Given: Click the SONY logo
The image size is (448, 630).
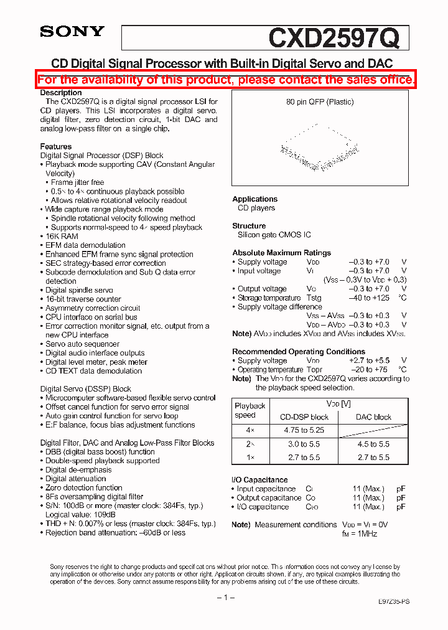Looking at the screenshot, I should click(x=72, y=32).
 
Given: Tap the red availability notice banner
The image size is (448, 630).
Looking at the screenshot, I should click(x=226, y=80).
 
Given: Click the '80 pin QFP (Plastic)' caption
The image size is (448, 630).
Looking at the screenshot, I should click(x=320, y=102).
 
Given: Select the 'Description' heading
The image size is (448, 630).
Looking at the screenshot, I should click(x=61, y=93).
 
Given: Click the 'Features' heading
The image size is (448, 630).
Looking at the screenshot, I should click(x=56, y=147).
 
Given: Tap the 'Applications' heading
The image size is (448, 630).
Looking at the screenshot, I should click(x=254, y=199).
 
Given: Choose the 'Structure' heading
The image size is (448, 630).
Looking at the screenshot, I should click(x=249, y=226).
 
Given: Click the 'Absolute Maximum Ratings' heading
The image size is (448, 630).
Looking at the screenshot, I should click(x=281, y=253).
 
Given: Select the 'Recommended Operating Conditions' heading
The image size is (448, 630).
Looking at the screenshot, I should click(x=299, y=352).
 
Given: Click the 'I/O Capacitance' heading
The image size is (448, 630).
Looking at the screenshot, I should click(x=260, y=480).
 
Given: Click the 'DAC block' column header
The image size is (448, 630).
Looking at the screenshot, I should click(x=373, y=417).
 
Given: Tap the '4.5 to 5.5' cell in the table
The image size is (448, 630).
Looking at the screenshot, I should click(x=373, y=444).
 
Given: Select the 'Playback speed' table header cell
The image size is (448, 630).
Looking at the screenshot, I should click(x=250, y=410).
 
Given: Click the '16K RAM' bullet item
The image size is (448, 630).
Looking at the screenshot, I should click(x=62, y=237).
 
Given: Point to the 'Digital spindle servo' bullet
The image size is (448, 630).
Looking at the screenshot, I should click(x=79, y=290).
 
